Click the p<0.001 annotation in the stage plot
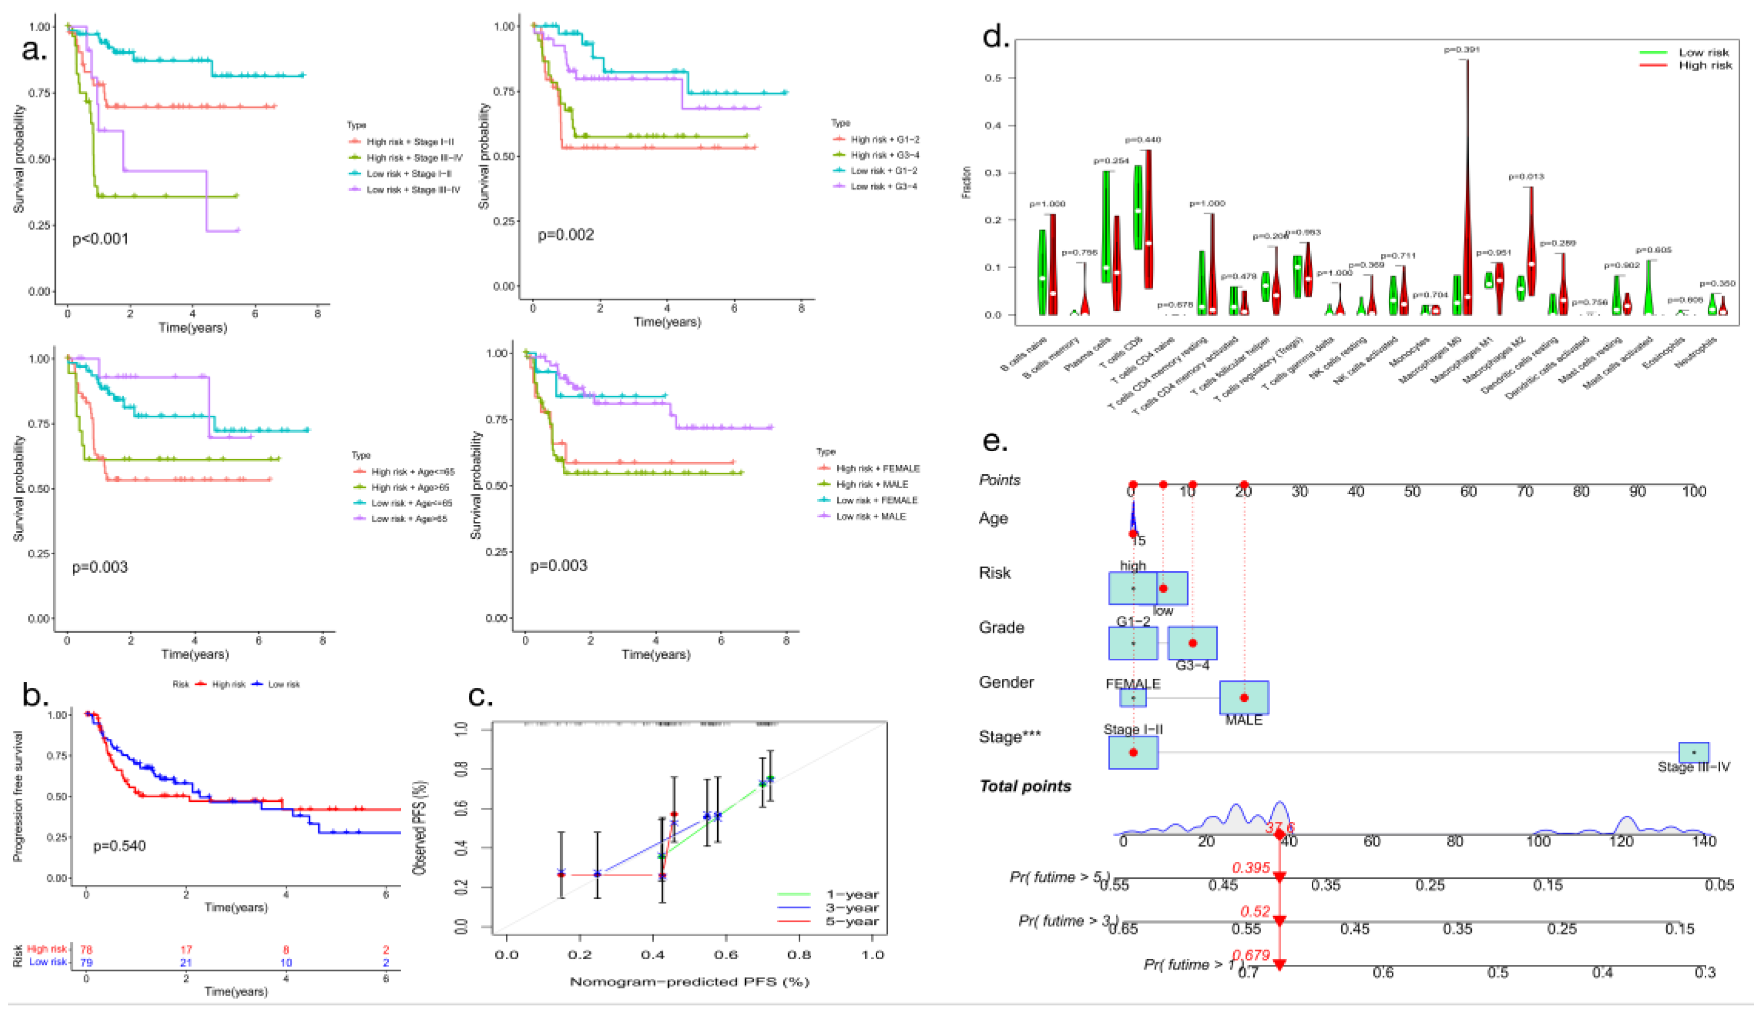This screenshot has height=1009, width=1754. click(101, 239)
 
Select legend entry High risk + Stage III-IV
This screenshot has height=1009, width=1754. click(413, 158)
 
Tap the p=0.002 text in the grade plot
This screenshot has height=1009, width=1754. click(566, 235)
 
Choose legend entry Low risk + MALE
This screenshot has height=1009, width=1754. click(870, 516)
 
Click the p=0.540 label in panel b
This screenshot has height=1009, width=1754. click(119, 846)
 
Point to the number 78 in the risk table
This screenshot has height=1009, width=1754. click(86, 950)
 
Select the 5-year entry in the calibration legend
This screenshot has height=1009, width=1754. click(852, 922)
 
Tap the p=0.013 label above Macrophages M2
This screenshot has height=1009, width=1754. click(1526, 177)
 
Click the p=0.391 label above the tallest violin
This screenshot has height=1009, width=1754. click(1462, 50)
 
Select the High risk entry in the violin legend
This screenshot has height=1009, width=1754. click(1705, 66)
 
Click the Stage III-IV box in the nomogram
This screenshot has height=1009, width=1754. click(1693, 752)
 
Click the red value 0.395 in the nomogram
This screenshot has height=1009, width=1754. click(1251, 867)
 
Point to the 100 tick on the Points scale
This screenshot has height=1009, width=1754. click(1693, 492)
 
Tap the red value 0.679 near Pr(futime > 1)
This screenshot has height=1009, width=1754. click(1251, 955)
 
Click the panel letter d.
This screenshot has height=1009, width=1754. click(996, 36)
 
